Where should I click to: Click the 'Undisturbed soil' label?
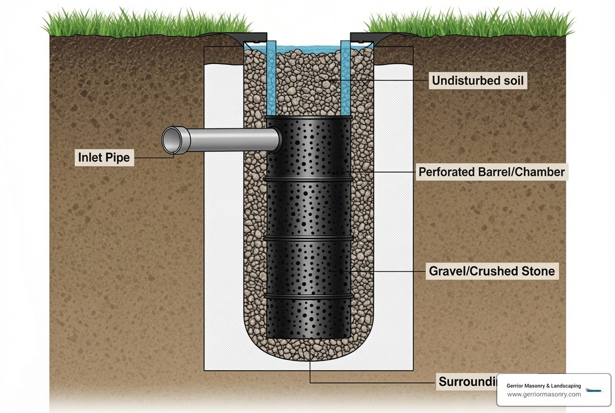(x=478, y=80)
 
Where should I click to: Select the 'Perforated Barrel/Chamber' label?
(x=491, y=172)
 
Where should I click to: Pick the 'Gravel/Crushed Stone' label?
(x=491, y=271)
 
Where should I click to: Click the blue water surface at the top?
(x=308, y=49)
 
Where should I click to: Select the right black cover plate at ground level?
(x=362, y=37)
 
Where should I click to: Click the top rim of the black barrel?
(x=308, y=118)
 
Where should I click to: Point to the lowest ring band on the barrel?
(x=308, y=296)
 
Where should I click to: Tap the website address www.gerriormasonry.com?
(x=544, y=394)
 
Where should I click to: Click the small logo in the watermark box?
(x=594, y=390)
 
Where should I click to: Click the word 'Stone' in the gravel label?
(x=537, y=271)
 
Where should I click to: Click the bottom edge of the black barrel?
(x=308, y=338)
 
